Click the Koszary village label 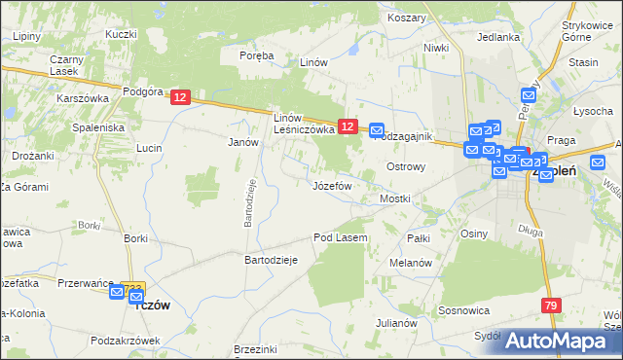(407, 18)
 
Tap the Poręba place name (257, 55)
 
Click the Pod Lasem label (340, 237)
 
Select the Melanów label (410, 263)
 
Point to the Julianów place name (396, 323)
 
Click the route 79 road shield (552, 306)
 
